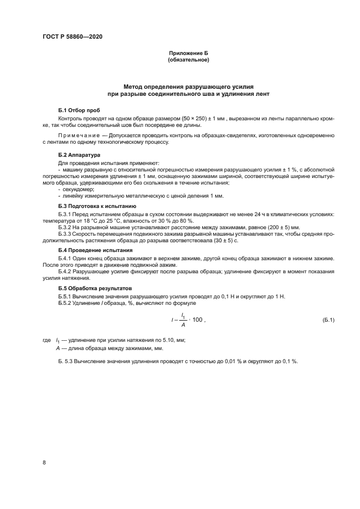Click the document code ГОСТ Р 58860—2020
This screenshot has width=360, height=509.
point(72,37)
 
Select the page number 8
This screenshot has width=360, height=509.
point(44,462)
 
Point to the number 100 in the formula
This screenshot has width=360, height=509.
point(197,319)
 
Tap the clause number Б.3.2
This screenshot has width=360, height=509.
point(65,228)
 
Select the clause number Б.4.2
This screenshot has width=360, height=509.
point(65,271)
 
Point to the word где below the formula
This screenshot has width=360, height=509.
point(46,340)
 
